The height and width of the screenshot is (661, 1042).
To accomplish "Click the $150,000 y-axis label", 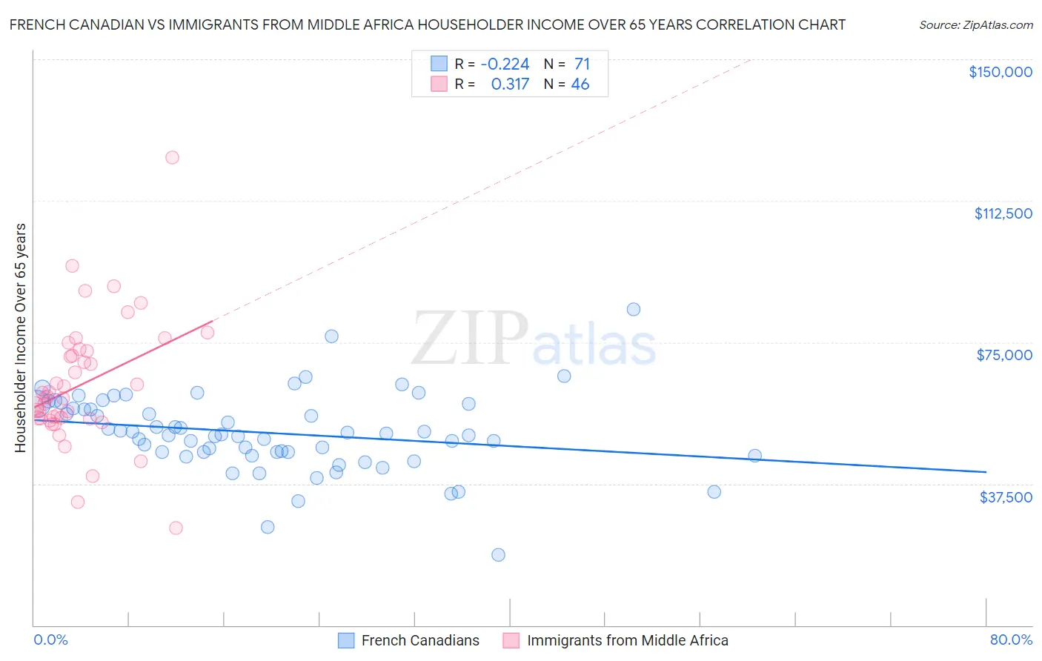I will click(1000, 72).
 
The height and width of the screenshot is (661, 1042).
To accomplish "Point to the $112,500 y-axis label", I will click(1002, 213).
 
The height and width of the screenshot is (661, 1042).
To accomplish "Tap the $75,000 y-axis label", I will click(1003, 355).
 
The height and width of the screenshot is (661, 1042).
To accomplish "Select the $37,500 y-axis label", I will click(1005, 497).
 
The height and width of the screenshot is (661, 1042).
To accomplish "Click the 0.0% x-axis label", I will click(50, 640).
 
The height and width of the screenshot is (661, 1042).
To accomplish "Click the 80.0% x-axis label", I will click(1010, 640).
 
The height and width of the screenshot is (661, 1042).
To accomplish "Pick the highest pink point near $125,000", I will click(172, 157).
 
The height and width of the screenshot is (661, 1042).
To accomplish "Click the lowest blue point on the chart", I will click(498, 555).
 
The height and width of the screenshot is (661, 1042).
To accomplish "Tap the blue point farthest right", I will click(754, 456).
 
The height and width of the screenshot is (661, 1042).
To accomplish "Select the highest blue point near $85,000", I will click(633, 310).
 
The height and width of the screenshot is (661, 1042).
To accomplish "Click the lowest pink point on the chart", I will click(176, 528).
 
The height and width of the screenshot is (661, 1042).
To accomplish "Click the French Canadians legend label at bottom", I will click(419, 640).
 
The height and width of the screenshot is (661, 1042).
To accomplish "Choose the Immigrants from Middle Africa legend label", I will click(627, 640).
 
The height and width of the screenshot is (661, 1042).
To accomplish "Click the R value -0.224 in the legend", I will click(505, 64).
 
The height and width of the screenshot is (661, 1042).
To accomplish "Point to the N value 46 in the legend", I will click(580, 84).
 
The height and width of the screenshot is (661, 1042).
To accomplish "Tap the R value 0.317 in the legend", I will click(510, 84).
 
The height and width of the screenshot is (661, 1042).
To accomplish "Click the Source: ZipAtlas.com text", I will click(975, 25).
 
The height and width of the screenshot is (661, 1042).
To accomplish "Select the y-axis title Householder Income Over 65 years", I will click(21, 338).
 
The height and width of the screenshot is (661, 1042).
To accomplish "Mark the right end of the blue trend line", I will click(986, 471).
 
